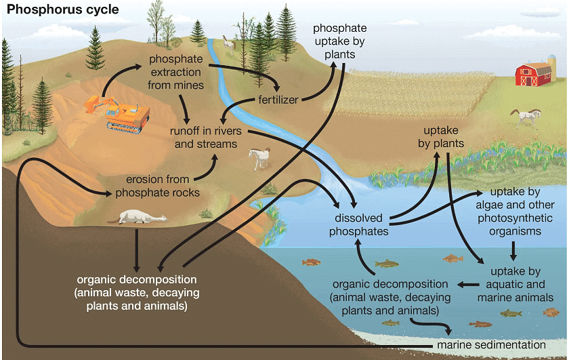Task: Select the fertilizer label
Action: point(278,100)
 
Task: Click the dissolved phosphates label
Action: point(358,225)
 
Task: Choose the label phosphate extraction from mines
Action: point(175,73)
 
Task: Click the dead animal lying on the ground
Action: point(142,217)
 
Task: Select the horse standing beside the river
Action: point(259,158)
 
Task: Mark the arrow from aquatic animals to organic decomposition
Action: point(465,284)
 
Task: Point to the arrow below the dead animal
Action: point(138,249)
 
